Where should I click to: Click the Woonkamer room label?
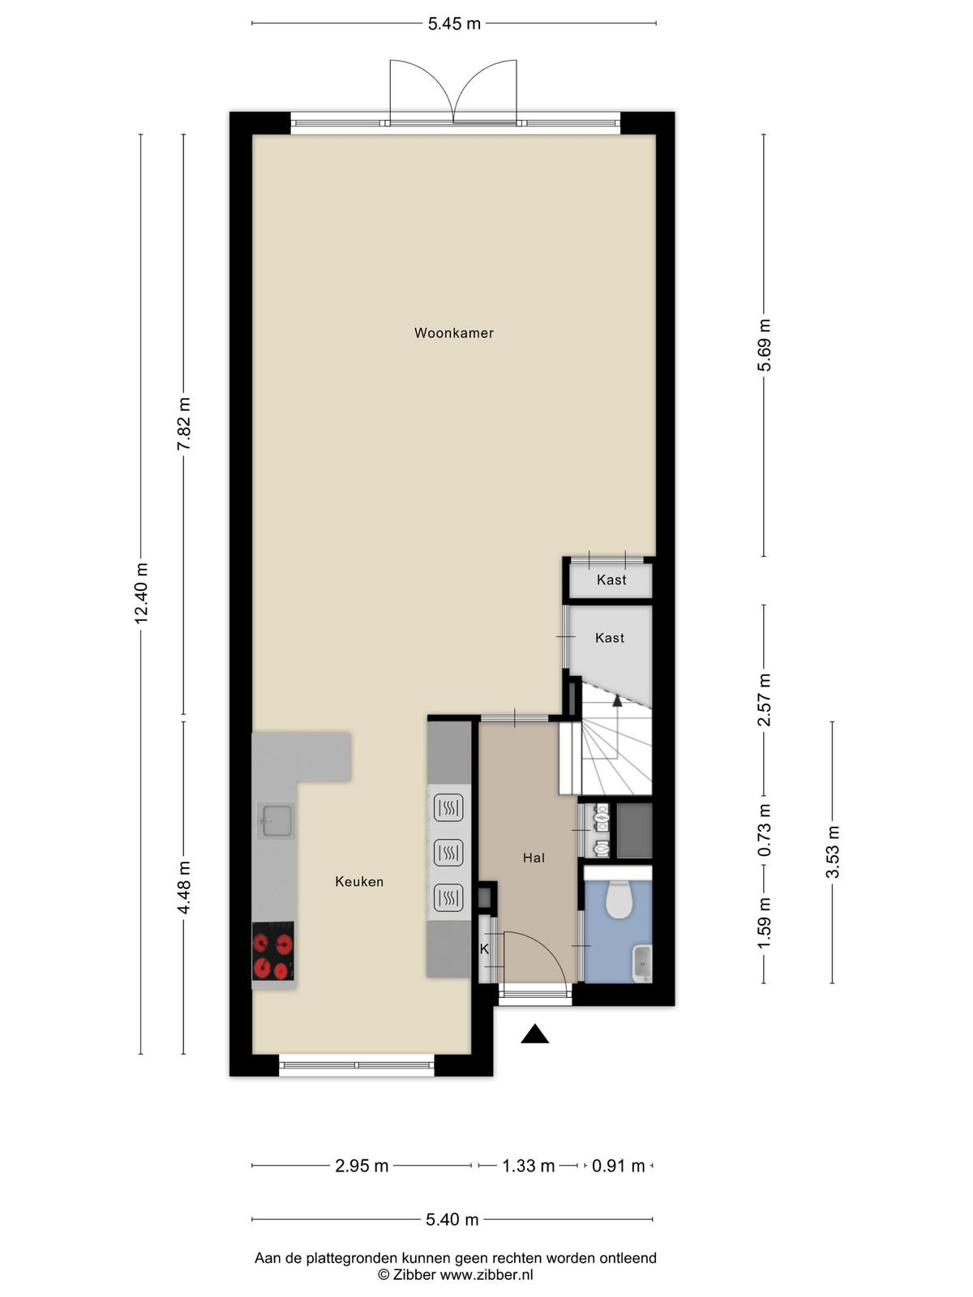(454, 332)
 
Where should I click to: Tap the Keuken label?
(359, 882)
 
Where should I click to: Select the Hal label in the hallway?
(534, 858)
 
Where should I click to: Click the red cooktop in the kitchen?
(273, 951)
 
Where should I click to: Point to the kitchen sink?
(278, 820)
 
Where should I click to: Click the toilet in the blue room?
(619, 900)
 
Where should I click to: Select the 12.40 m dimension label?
(140, 593)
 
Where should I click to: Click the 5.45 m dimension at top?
(454, 24)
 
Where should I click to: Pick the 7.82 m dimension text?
(184, 424)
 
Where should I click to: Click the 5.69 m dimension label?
(764, 345)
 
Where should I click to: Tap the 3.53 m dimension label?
(833, 851)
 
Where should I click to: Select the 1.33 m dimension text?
(528, 1166)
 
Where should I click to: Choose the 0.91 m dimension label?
(618, 1166)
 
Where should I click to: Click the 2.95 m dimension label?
(362, 1166)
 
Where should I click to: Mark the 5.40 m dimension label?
(452, 1219)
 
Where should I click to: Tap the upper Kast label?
(611, 580)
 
